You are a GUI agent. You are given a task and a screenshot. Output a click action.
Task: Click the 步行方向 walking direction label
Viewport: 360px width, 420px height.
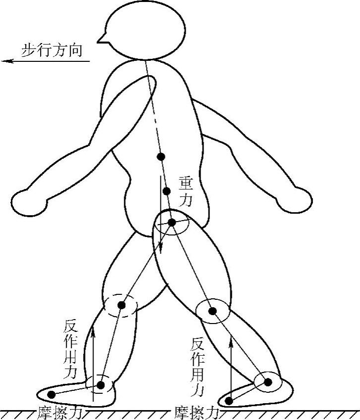tap(51, 50)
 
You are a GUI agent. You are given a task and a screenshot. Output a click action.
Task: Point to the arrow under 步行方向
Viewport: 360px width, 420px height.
tap(45, 61)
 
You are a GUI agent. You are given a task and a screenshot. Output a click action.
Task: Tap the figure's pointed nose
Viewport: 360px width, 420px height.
tap(101, 39)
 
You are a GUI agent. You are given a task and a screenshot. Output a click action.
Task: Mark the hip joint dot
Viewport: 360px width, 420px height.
tap(171, 223)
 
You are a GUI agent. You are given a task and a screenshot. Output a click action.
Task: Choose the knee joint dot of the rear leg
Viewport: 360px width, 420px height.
tap(212, 311)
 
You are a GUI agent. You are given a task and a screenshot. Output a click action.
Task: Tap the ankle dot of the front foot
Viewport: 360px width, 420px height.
tap(101, 384)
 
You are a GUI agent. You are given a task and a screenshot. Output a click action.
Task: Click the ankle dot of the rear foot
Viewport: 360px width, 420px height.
tap(268, 382)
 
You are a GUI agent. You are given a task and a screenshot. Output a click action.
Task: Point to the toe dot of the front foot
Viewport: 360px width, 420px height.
tap(51, 394)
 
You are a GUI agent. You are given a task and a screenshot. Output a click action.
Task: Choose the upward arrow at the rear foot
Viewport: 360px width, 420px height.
tap(230, 364)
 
